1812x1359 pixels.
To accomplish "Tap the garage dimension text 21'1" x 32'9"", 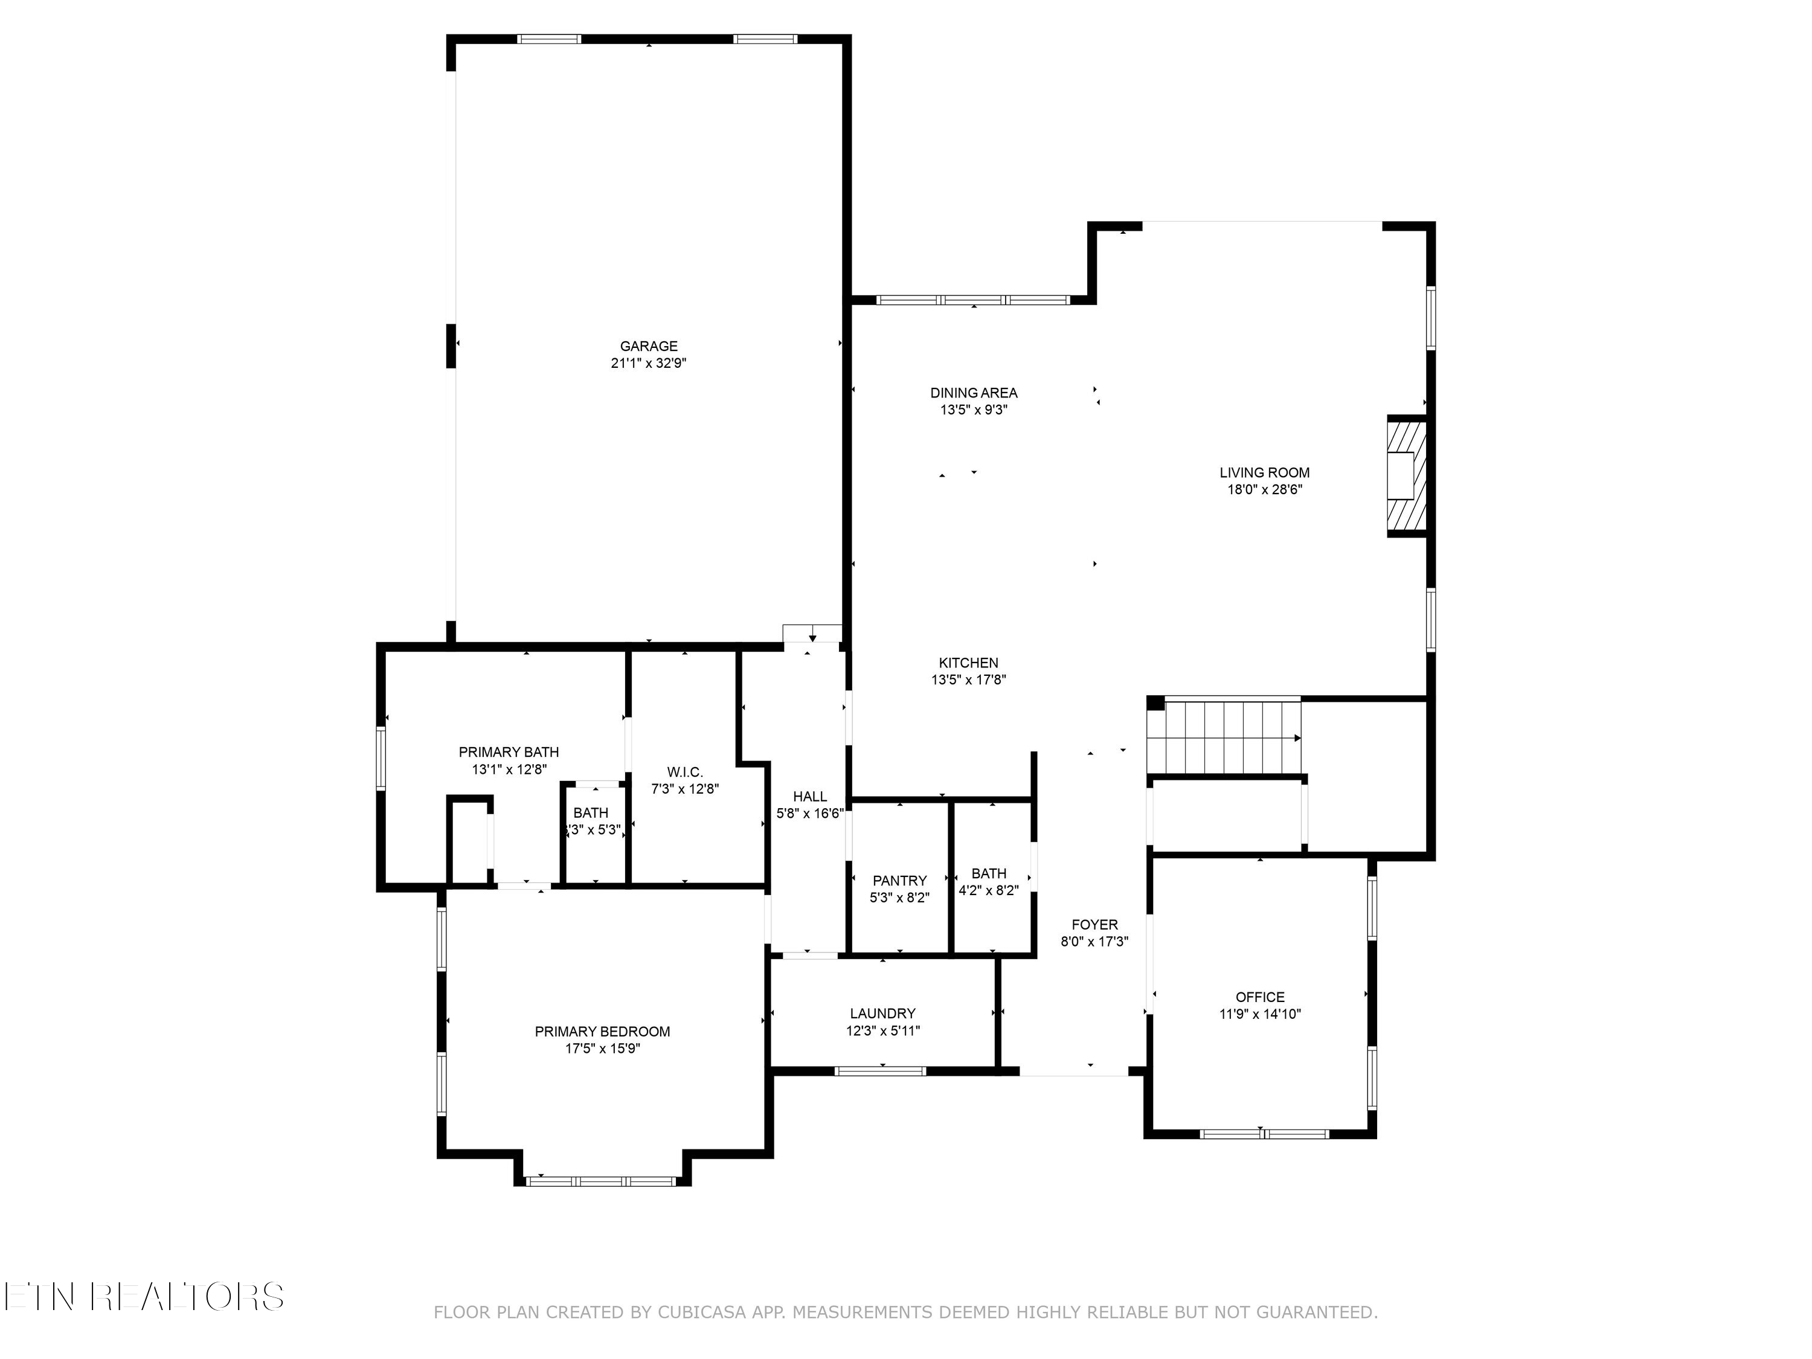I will pyautogui.click(x=648, y=364).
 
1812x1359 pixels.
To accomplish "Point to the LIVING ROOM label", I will pyautogui.click(x=1264, y=473).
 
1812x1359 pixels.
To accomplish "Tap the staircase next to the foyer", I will pyautogui.click(x=1223, y=736).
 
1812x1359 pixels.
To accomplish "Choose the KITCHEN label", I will pyautogui.click(x=968, y=663).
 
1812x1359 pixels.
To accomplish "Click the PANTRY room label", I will pyautogui.click(x=899, y=881).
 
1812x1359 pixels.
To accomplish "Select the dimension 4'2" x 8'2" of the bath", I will pyautogui.click(x=989, y=890).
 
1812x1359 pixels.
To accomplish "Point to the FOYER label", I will pyautogui.click(x=1094, y=925).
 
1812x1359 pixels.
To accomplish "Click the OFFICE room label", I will pyautogui.click(x=1260, y=997).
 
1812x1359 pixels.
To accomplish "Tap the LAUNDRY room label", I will pyautogui.click(x=882, y=1014).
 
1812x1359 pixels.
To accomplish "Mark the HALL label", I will pyautogui.click(x=809, y=796).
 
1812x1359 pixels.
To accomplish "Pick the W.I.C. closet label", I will pyautogui.click(x=685, y=772).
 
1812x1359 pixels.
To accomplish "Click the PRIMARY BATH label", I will pyautogui.click(x=509, y=752).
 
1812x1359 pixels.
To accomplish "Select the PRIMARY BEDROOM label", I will pyautogui.click(x=602, y=1032).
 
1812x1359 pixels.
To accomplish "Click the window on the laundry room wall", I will pyautogui.click(x=881, y=1071).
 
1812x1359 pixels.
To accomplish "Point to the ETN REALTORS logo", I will pyautogui.click(x=143, y=1297).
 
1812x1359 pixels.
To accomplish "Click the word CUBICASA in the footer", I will pyautogui.click(x=702, y=1312).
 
